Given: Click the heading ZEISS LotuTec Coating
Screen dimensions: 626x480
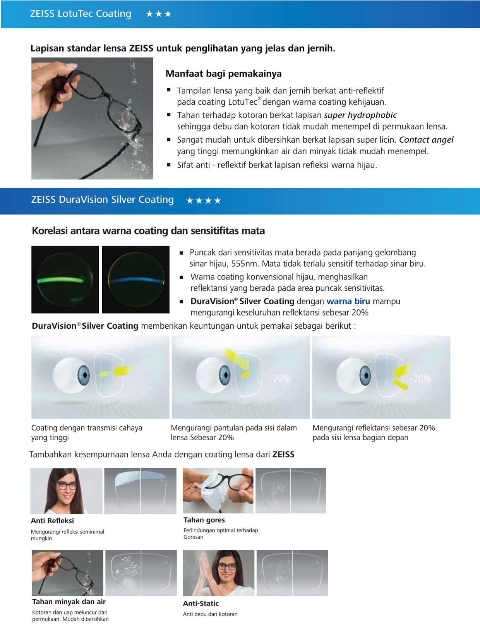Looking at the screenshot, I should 81,14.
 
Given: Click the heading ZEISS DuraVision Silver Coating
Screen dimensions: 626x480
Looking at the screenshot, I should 102,200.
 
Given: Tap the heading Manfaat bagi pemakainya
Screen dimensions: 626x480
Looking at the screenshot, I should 223,74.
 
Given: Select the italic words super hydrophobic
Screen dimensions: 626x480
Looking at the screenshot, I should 360,115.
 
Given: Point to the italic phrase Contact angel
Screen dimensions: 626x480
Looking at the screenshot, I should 426,140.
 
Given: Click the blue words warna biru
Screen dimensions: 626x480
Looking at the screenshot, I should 348,301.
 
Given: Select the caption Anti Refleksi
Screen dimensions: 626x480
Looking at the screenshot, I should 52,521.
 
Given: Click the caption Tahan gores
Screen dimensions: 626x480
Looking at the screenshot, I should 204,520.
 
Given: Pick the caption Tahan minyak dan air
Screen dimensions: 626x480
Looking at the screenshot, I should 69,602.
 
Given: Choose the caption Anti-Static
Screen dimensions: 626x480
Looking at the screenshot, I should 201,603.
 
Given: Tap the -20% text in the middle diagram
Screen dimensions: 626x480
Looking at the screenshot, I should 279,378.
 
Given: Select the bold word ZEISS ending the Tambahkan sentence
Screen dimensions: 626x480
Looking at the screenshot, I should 283,454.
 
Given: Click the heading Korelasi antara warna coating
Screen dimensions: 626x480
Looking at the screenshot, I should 148,231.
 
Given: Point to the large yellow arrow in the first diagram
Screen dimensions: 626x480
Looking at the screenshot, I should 123,371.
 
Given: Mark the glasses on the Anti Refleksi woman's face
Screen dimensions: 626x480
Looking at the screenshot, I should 67,485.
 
